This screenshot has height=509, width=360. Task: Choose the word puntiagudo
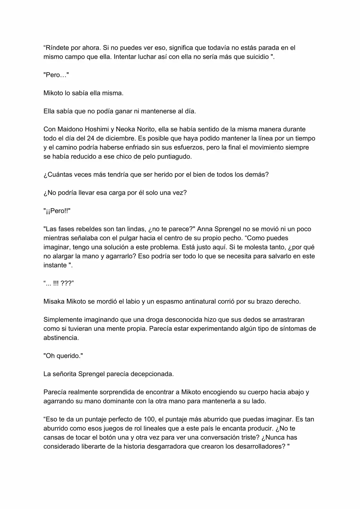pyautogui.click(x=175, y=157)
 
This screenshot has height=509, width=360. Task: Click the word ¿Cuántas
pyautogui.click(x=58, y=175)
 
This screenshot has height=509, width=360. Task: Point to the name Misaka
pyautogui.click(x=54, y=301)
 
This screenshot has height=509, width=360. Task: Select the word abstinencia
pyautogui.click(x=61, y=338)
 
